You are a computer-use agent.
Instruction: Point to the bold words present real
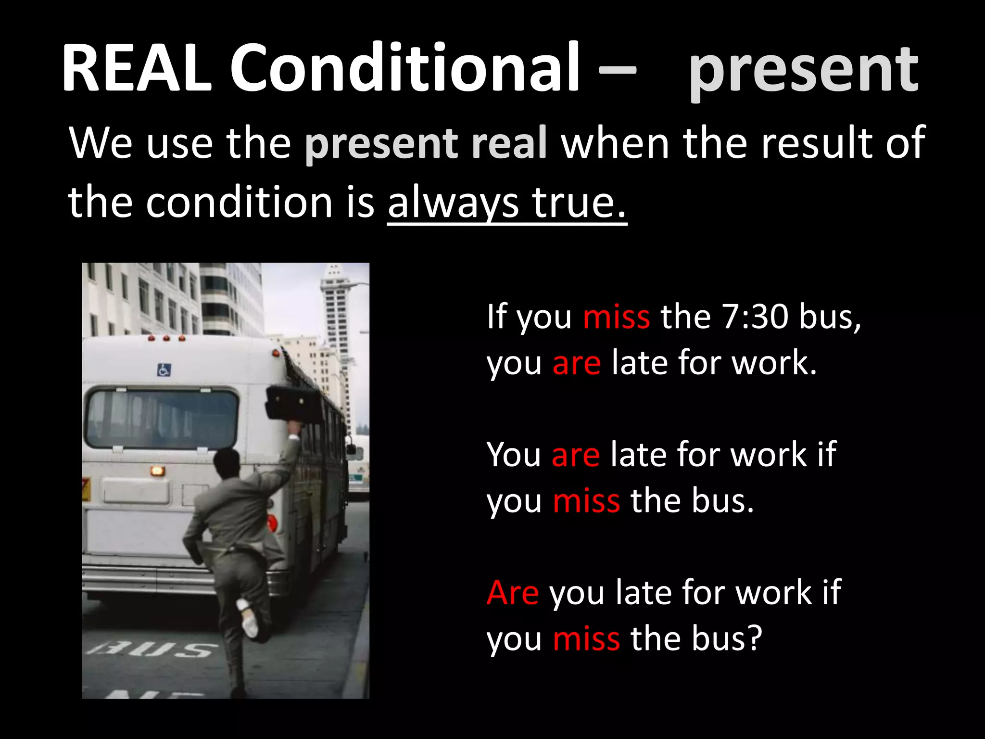(x=426, y=143)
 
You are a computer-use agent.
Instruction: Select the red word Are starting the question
(x=513, y=592)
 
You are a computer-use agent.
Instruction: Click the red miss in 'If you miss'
(x=616, y=317)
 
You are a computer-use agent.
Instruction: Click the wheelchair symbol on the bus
(x=164, y=370)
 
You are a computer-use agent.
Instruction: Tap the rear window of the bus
(x=162, y=419)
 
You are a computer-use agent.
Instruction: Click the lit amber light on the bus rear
(x=157, y=471)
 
